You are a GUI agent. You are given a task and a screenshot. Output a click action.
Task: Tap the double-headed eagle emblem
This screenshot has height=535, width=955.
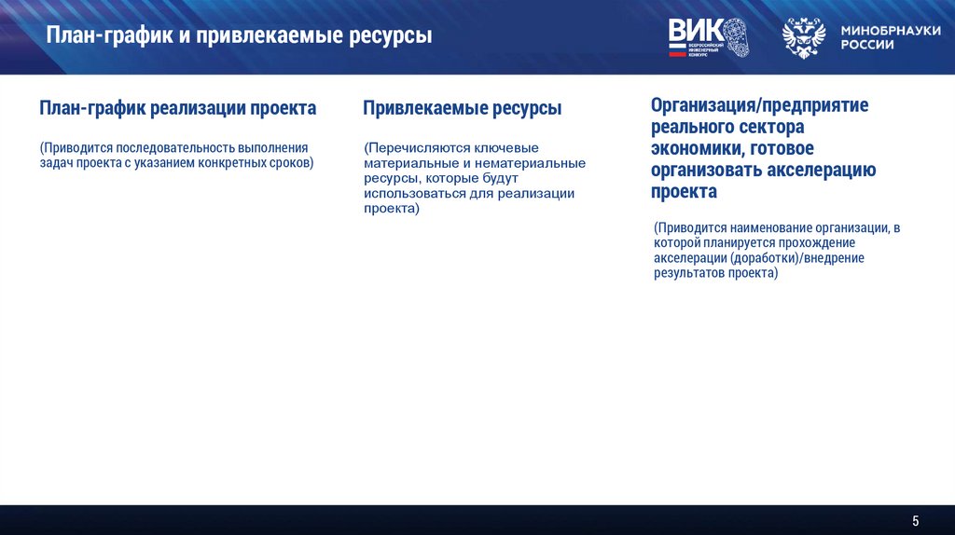pyautogui.click(x=803, y=38)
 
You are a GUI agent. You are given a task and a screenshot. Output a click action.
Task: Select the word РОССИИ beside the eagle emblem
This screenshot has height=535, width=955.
pyautogui.click(x=867, y=45)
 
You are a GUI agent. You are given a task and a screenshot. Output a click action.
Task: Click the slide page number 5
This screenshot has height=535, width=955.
pyautogui.click(x=916, y=519)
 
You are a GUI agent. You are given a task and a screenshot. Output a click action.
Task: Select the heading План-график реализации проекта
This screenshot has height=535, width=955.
pyautogui.click(x=177, y=108)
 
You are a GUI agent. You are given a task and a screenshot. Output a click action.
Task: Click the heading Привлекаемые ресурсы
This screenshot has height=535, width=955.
pyautogui.click(x=462, y=108)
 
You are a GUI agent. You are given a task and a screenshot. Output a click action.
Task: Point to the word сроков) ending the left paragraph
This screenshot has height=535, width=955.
pyautogui.click(x=292, y=163)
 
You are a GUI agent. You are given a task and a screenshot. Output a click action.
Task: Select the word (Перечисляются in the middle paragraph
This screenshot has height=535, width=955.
pyautogui.click(x=405, y=148)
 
